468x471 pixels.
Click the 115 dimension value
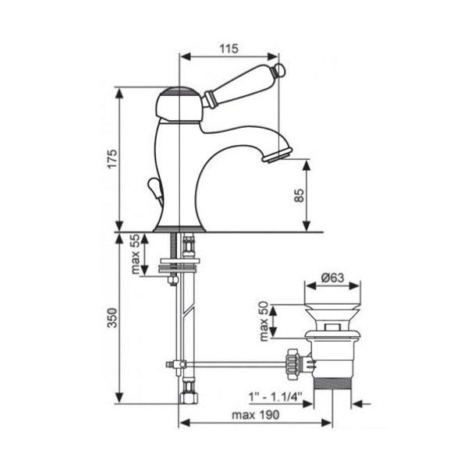click(x=229, y=48)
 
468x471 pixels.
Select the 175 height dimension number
click(x=112, y=158)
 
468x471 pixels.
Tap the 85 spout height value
click(x=300, y=195)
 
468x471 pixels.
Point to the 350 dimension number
click(x=112, y=317)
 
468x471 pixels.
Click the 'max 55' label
click(x=136, y=253)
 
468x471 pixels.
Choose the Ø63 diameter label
click(x=332, y=278)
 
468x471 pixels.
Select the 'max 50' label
click(x=264, y=320)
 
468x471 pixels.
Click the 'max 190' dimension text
click(x=256, y=415)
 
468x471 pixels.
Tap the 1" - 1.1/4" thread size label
click(x=275, y=397)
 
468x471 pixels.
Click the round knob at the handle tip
click(x=280, y=70)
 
